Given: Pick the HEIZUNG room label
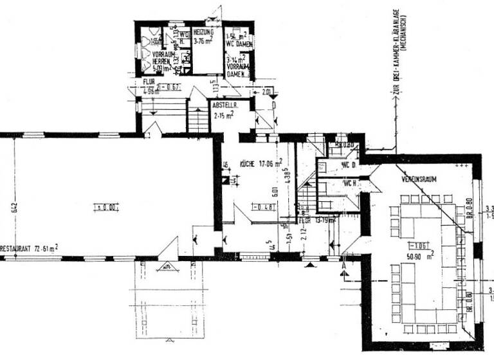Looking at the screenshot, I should (204, 32).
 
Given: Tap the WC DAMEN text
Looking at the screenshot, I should (239, 44).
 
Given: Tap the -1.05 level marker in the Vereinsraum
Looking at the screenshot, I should (421, 245).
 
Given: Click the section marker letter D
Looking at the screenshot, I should (273, 104).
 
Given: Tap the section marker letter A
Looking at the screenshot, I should (345, 264).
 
